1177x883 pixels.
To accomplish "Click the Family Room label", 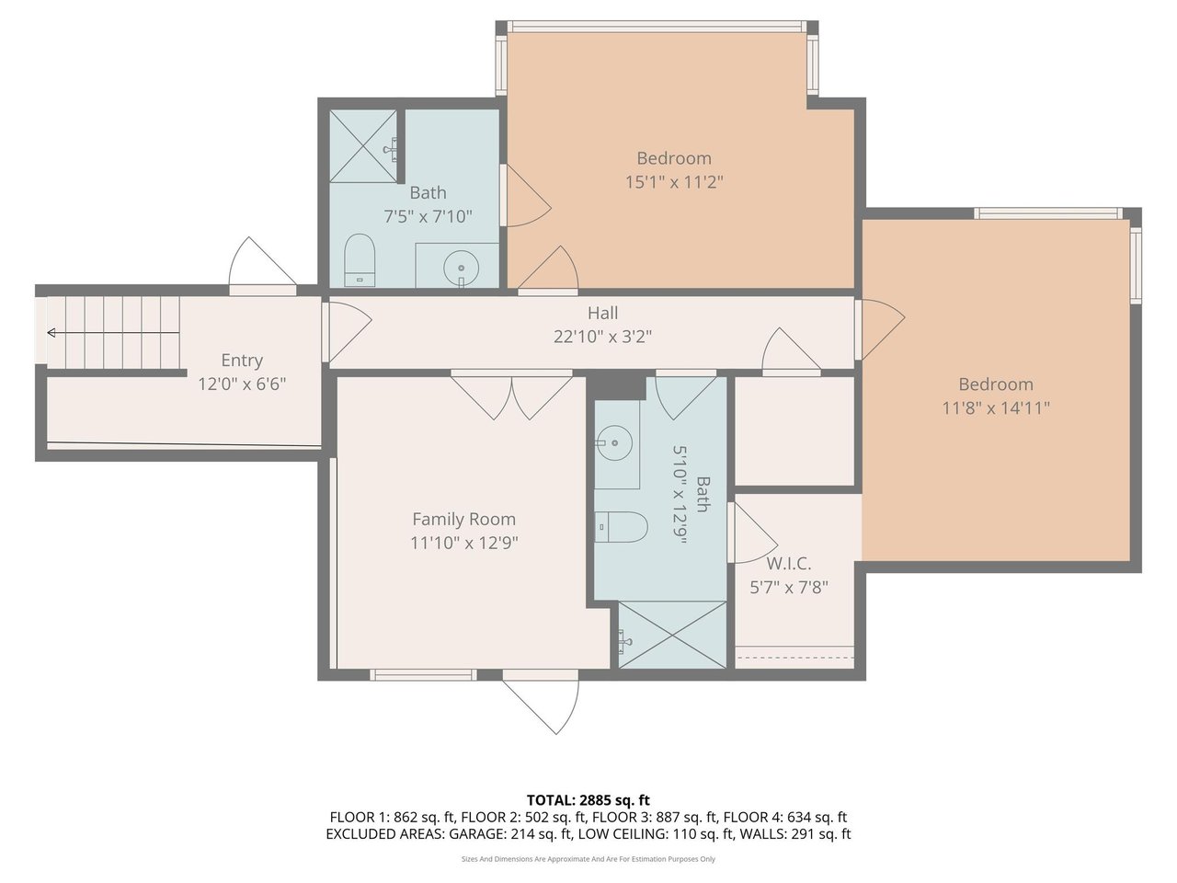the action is (x=463, y=519).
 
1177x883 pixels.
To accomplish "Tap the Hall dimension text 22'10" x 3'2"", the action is (x=602, y=337).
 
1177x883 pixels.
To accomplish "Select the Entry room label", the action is (x=242, y=361).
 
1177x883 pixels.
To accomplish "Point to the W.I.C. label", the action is (x=788, y=564).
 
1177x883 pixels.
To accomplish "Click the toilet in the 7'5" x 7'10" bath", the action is (x=359, y=260).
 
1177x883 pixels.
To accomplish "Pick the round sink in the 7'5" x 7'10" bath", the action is (x=462, y=268).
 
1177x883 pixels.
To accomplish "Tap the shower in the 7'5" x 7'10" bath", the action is (x=364, y=146).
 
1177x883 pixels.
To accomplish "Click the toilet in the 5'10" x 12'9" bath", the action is (x=621, y=527).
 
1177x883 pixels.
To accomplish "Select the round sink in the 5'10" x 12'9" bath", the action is (x=614, y=442).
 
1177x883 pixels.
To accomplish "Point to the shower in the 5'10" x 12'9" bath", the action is (x=672, y=635).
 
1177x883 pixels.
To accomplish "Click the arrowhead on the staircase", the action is (x=51, y=333).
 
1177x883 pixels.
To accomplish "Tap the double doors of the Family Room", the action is (x=511, y=397).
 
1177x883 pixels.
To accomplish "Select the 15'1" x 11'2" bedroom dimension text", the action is (x=674, y=182).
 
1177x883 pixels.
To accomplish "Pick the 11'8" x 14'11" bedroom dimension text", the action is (x=996, y=408).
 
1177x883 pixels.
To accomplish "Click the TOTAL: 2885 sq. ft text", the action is (x=588, y=800).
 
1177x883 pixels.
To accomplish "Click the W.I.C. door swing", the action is (x=753, y=533).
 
